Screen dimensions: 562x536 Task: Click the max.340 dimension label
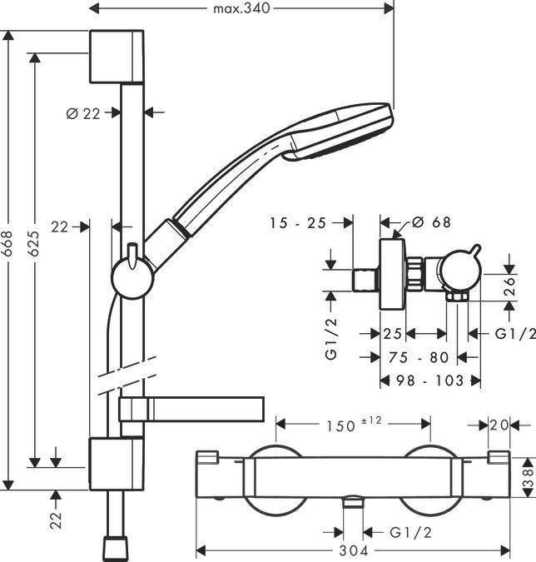[x=242, y=8]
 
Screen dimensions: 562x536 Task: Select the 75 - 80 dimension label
[x=420, y=357]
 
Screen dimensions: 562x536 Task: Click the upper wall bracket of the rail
[x=116, y=57]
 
